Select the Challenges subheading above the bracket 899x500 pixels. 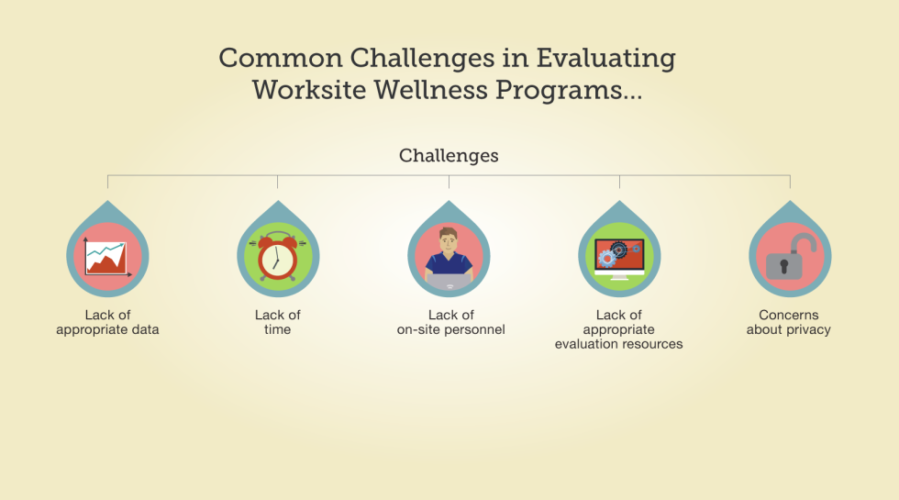[449, 155]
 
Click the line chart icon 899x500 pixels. [107, 258]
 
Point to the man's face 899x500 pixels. [448, 242]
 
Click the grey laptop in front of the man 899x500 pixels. [449, 283]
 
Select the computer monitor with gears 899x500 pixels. [619, 259]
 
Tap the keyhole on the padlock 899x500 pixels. [783, 266]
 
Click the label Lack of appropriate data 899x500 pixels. [107, 322]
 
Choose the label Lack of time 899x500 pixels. [277, 322]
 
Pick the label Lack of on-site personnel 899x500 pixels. [450, 322]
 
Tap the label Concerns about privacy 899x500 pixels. [788, 322]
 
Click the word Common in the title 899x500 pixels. [281, 58]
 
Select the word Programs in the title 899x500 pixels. [559, 91]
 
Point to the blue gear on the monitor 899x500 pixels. [606, 259]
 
